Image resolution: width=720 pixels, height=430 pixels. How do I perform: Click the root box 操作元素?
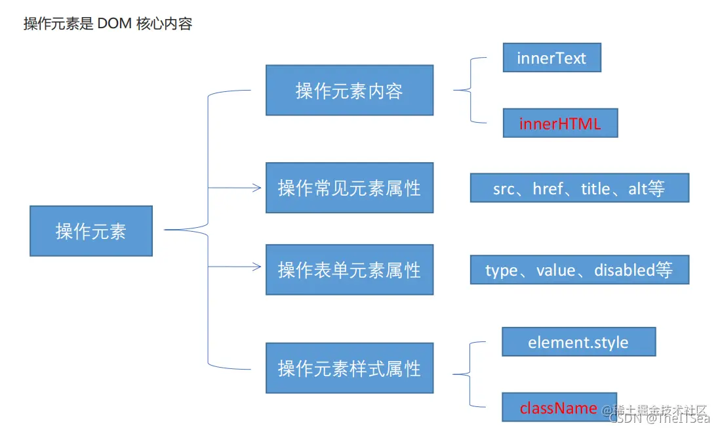pyautogui.click(x=91, y=231)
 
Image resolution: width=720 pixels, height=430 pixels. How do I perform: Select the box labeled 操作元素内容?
pyautogui.click(x=349, y=91)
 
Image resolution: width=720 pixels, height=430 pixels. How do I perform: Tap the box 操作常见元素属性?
pyautogui.click(x=349, y=188)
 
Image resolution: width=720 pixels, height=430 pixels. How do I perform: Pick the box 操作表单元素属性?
pyautogui.click(x=349, y=270)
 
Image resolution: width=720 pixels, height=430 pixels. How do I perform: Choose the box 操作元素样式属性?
pyautogui.click(x=349, y=368)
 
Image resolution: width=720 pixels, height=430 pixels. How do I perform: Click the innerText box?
pyautogui.click(x=551, y=58)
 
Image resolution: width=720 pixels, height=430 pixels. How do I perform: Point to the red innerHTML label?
pyautogui.click(x=560, y=123)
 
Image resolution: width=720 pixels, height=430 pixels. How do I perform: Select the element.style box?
pyautogui.click(x=578, y=342)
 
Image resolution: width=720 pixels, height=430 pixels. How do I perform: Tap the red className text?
pyautogui.click(x=559, y=408)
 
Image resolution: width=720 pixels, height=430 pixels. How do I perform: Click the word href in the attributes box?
pyautogui.click(x=547, y=188)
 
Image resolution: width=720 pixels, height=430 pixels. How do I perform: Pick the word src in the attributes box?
pyautogui.click(x=504, y=189)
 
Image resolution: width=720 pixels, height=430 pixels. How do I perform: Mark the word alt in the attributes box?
pyautogui.click(x=637, y=188)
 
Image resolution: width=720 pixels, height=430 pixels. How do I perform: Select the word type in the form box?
pyautogui.click(x=501, y=270)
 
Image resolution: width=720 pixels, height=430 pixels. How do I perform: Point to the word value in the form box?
pyautogui.click(x=555, y=270)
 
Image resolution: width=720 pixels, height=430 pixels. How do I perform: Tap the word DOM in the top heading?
pyautogui.click(x=115, y=24)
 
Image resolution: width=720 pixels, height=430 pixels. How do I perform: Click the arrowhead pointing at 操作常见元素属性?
pyautogui.click(x=257, y=188)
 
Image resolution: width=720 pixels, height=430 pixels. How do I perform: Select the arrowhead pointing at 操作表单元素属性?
pyautogui.click(x=257, y=267)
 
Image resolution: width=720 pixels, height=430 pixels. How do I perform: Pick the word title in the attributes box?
pyautogui.click(x=595, y=188)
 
